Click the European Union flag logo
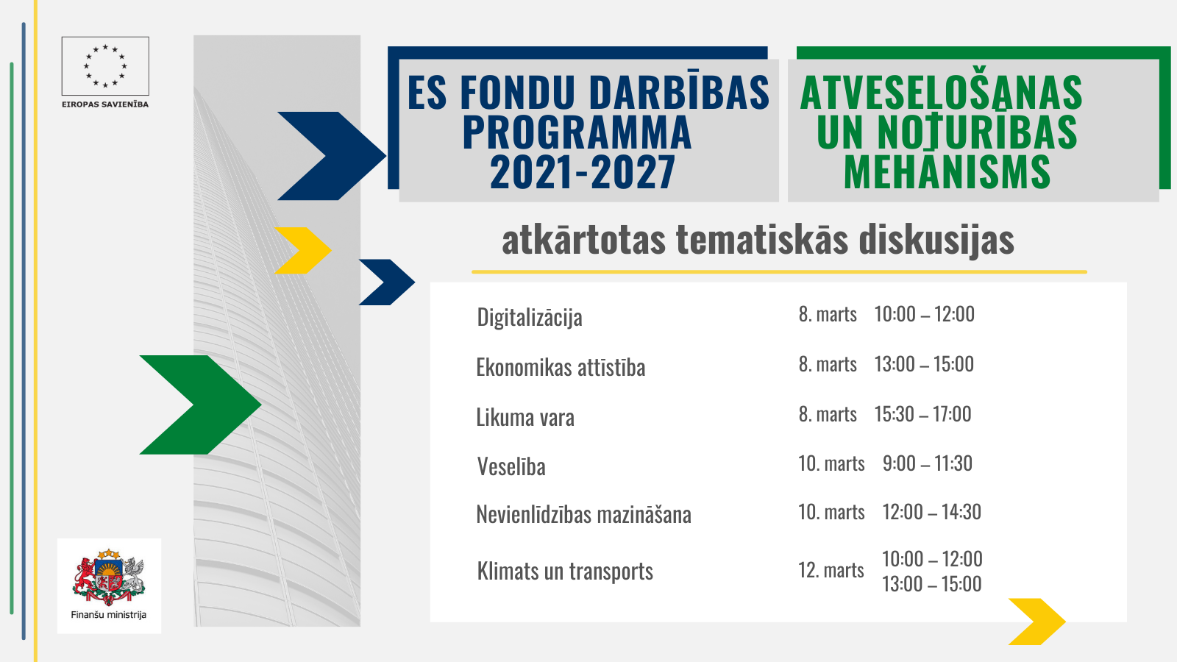point(105,66)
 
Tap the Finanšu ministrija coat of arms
point(109,577)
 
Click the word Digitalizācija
point(530,317)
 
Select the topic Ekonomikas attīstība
point(561,367)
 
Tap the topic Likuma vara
point(525,417)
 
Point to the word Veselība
point(511,466)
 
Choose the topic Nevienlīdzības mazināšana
point(584,514)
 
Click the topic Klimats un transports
point(565,571)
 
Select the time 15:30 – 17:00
point(922,414)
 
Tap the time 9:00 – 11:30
point(928,463)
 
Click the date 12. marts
point(831,570)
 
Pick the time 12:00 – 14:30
point(931,512)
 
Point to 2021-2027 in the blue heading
point(582,172)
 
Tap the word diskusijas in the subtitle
point(937,240)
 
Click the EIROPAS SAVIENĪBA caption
point(105,104)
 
